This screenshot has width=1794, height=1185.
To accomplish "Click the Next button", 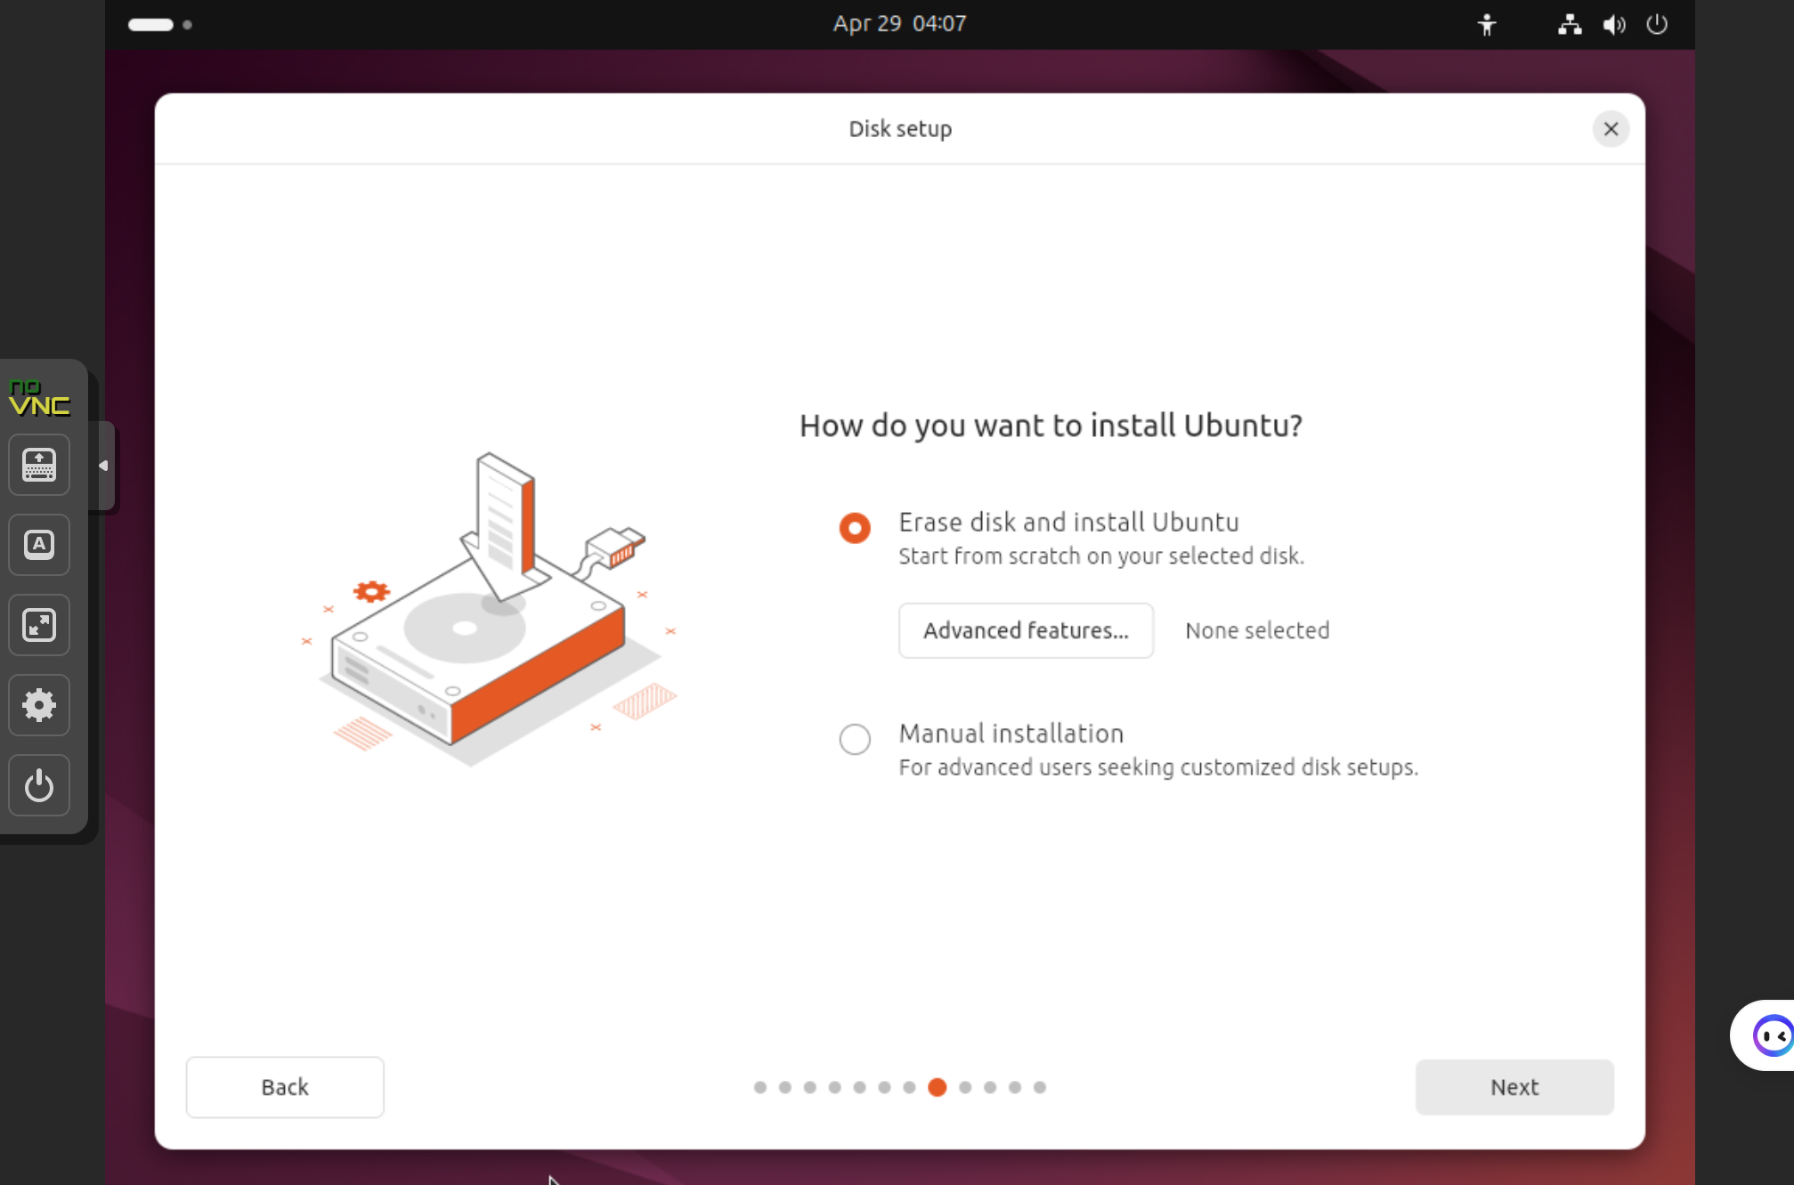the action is click(1514, 1086).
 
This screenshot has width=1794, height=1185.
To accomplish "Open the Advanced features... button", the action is click(1026, 630).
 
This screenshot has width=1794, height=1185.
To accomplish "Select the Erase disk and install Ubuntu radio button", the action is click(855, 528).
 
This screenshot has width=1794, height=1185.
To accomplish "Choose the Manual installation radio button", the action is click(855, 738).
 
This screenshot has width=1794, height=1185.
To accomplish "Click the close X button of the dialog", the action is click(1611, 129).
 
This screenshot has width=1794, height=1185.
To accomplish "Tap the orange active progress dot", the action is click(937, 1087).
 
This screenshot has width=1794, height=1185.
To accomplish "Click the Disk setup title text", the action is click(900, 129).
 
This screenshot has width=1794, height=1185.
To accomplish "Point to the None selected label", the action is click(1257, 630).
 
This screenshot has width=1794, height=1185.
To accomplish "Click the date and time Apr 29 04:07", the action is click(899, 24).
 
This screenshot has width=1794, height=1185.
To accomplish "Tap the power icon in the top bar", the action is click(1657, 24).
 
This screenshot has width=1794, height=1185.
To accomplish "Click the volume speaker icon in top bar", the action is click(1614, 25).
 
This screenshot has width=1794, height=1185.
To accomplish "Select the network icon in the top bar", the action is click(1570, 25).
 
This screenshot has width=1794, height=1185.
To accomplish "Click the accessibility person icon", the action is click(1487, 25).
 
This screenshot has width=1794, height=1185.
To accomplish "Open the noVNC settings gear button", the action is click(39, 705).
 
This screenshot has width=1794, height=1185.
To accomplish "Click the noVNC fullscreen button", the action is click(39, 625).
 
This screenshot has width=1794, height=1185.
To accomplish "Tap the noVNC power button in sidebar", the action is click(39, 785).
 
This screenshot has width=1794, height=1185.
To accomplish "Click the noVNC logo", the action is click(39, 397).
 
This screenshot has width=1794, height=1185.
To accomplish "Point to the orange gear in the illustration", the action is click(371, 591).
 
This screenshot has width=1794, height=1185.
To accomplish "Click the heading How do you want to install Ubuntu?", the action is click(1051, 426).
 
